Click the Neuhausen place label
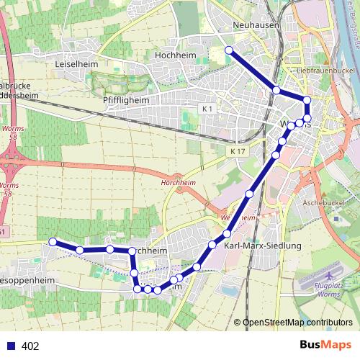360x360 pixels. click(x=251, y=25)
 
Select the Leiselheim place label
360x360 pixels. click(x=76, y=63)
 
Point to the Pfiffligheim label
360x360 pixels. click(x=126, y=101)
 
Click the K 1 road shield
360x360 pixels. click(x=207, y=109)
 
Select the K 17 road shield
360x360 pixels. click(x=239, y=152)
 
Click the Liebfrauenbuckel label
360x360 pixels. click(x=327, y=72)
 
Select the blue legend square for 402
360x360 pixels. click(x=11, y=346)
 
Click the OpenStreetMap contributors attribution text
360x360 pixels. click(x=297, y=323)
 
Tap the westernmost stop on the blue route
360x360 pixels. click(x=52, y=241)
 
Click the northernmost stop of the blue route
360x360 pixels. click(x=229, y=50)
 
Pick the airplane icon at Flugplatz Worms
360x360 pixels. click(x=330, y=276)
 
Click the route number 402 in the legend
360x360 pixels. click(x=30, y=346)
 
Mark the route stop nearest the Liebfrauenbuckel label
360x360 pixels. click(x=307, y=100)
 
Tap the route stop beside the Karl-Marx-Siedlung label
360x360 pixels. click(x=227, y=234)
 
